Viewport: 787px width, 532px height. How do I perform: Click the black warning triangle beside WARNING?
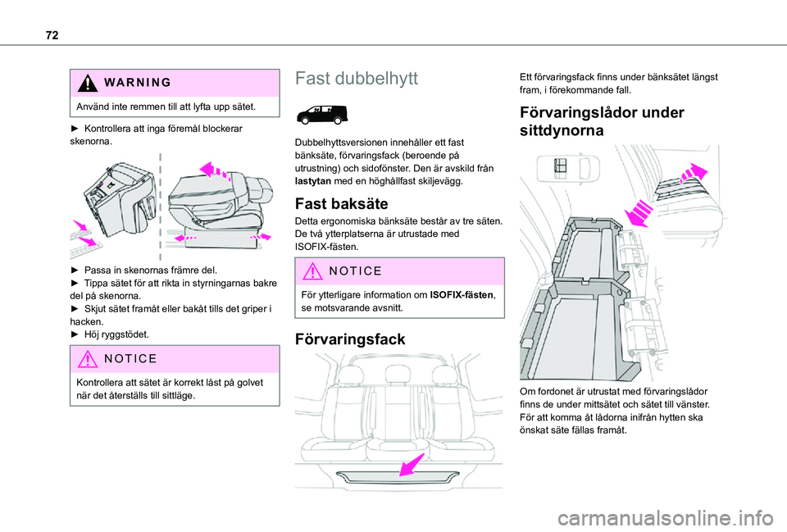(x=87, y=83)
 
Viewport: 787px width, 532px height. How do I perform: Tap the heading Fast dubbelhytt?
(x=356, y=80)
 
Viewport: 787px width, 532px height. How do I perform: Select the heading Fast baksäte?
(x=336, y=203)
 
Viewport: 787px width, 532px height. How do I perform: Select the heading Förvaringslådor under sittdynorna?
(x=602, y=121)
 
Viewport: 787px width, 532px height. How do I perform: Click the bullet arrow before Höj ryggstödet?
(x=76, y=336)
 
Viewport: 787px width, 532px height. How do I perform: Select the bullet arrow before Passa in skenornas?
(x=76, y=269)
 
